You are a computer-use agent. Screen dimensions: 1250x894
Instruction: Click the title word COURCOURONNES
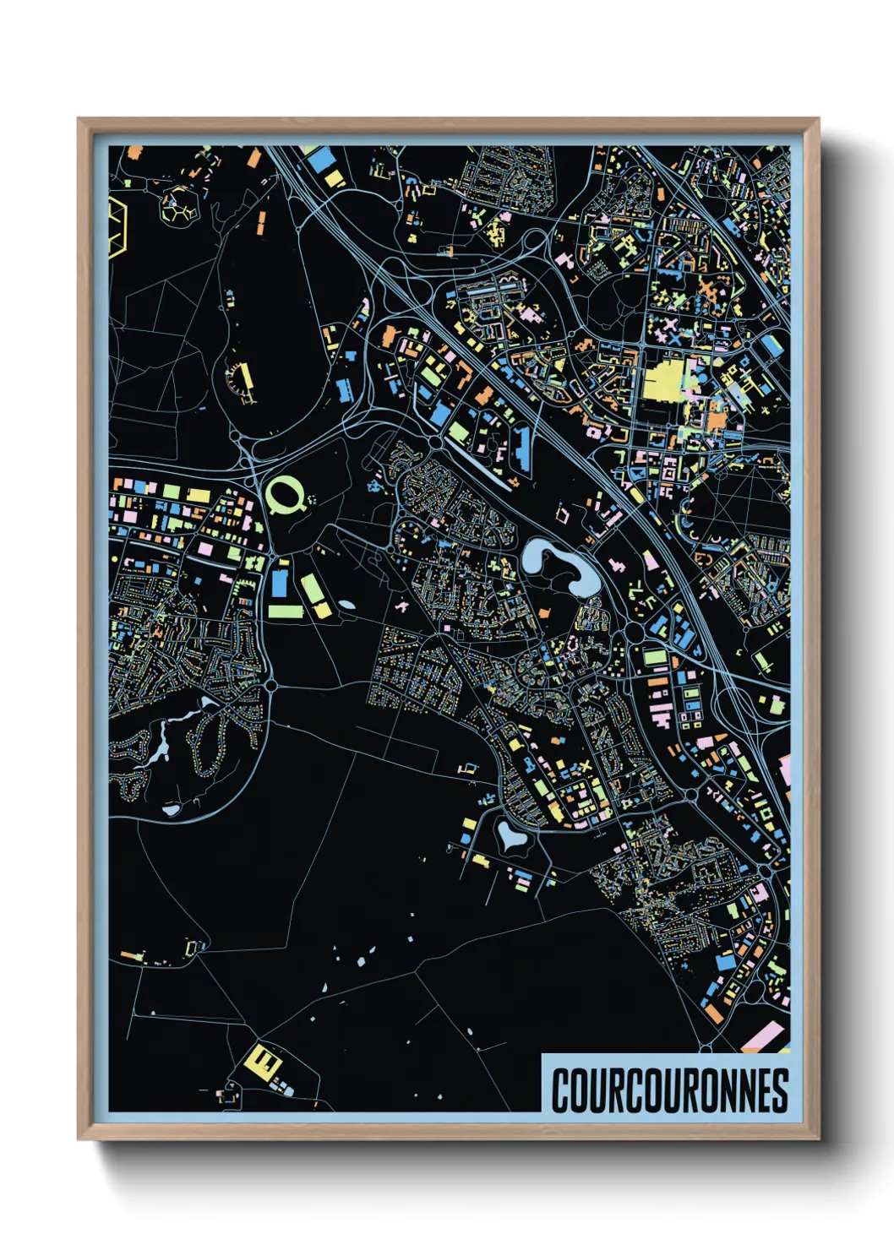point(669,1090)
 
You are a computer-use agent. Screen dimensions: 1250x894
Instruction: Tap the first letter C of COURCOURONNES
point(561,1090)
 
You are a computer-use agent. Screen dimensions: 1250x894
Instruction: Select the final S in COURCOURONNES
point(780,1090)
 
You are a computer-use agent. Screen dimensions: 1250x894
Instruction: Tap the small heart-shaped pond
point(510,836)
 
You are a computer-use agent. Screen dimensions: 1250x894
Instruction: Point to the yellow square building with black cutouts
point(262,1059)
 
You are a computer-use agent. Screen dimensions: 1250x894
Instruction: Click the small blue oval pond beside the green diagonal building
point(346,605)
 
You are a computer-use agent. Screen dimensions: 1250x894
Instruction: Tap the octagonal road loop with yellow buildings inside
point(179,207)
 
